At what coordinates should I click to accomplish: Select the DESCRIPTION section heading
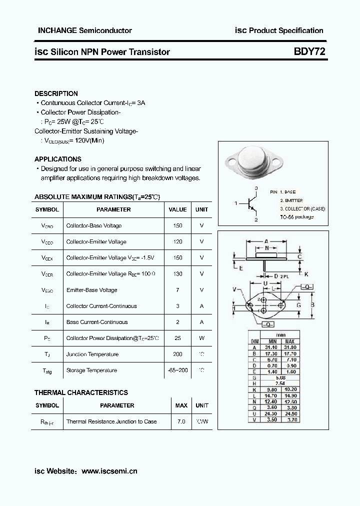(56, 93)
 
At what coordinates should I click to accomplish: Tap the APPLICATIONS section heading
(57, 159)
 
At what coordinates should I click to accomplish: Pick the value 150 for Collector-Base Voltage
(177, 226)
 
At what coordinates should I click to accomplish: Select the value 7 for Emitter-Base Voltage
(177, 290)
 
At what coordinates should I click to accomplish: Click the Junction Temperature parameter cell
(92, 354)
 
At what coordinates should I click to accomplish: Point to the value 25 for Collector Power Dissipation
(177, 338)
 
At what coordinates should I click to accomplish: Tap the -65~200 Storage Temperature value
(177, 370)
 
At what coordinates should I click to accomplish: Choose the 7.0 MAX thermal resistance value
(181, 421)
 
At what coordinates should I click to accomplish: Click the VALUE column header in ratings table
(177, 210)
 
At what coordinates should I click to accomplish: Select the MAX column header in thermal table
(181, 405)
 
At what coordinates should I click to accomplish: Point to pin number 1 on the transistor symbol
(235, 203)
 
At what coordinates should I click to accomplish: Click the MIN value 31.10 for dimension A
(271, 347)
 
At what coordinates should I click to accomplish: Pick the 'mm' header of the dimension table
(281, 334)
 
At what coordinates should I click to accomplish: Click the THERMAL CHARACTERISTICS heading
(81, 392)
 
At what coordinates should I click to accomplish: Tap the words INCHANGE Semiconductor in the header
(85, 30)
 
